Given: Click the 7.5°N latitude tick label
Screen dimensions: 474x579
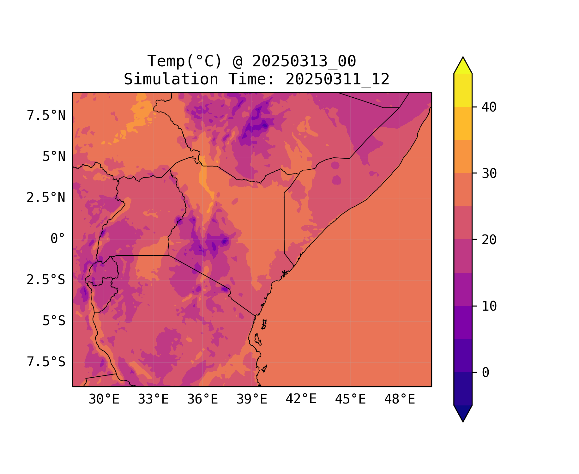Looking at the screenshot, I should [x=46, y=116].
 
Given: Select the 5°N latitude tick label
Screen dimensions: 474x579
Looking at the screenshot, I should [x=54, y=157].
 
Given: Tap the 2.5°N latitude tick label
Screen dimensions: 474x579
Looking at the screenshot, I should [x=46, y=198].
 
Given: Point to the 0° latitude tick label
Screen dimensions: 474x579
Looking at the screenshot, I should [x=58, y=239].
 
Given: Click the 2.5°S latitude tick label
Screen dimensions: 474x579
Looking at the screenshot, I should [x=46, y=280].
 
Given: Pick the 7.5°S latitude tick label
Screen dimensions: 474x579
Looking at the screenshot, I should [x=46, y=362].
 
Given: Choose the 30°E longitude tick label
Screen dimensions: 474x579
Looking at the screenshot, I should [x=104, y=399].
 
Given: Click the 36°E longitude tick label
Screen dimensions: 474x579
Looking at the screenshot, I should [x=202, y=399].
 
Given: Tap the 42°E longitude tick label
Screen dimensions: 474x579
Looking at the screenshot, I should [x=301, y=399].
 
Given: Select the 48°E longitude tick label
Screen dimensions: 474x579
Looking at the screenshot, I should [x=400, y=399].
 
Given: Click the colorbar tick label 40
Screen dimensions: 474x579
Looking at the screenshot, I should [x=489, y=107].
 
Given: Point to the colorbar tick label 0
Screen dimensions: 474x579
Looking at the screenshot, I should [x=486, y=373].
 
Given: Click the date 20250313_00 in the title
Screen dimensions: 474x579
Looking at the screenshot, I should [x=304, y=61].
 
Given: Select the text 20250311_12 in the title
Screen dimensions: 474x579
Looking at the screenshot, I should [x=337, y=79].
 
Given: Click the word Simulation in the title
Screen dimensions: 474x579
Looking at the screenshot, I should [x=171, y=79].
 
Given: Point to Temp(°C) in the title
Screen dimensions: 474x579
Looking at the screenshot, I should [x=185, y=61].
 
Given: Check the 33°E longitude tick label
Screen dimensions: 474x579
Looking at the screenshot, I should [x=153, y=399].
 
